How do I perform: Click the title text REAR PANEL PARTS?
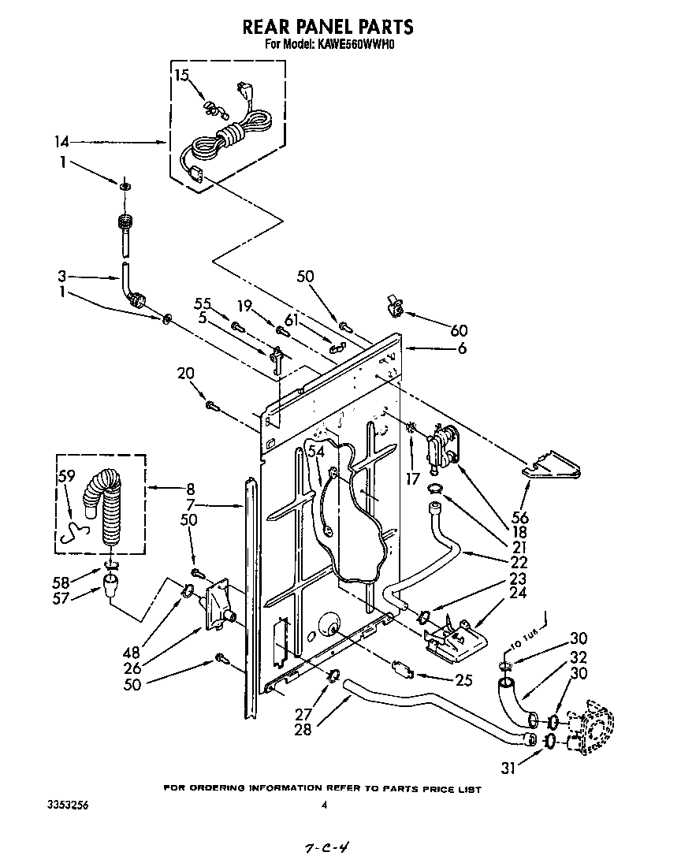click(327, 27)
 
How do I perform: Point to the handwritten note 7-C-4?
click(326, 849)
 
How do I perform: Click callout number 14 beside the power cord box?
click(62, 142)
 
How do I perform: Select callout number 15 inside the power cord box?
click(181, 76)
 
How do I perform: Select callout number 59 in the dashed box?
click(68, 477)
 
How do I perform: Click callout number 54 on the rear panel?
click(316, 451)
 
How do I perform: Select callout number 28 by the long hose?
click(302, 730)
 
